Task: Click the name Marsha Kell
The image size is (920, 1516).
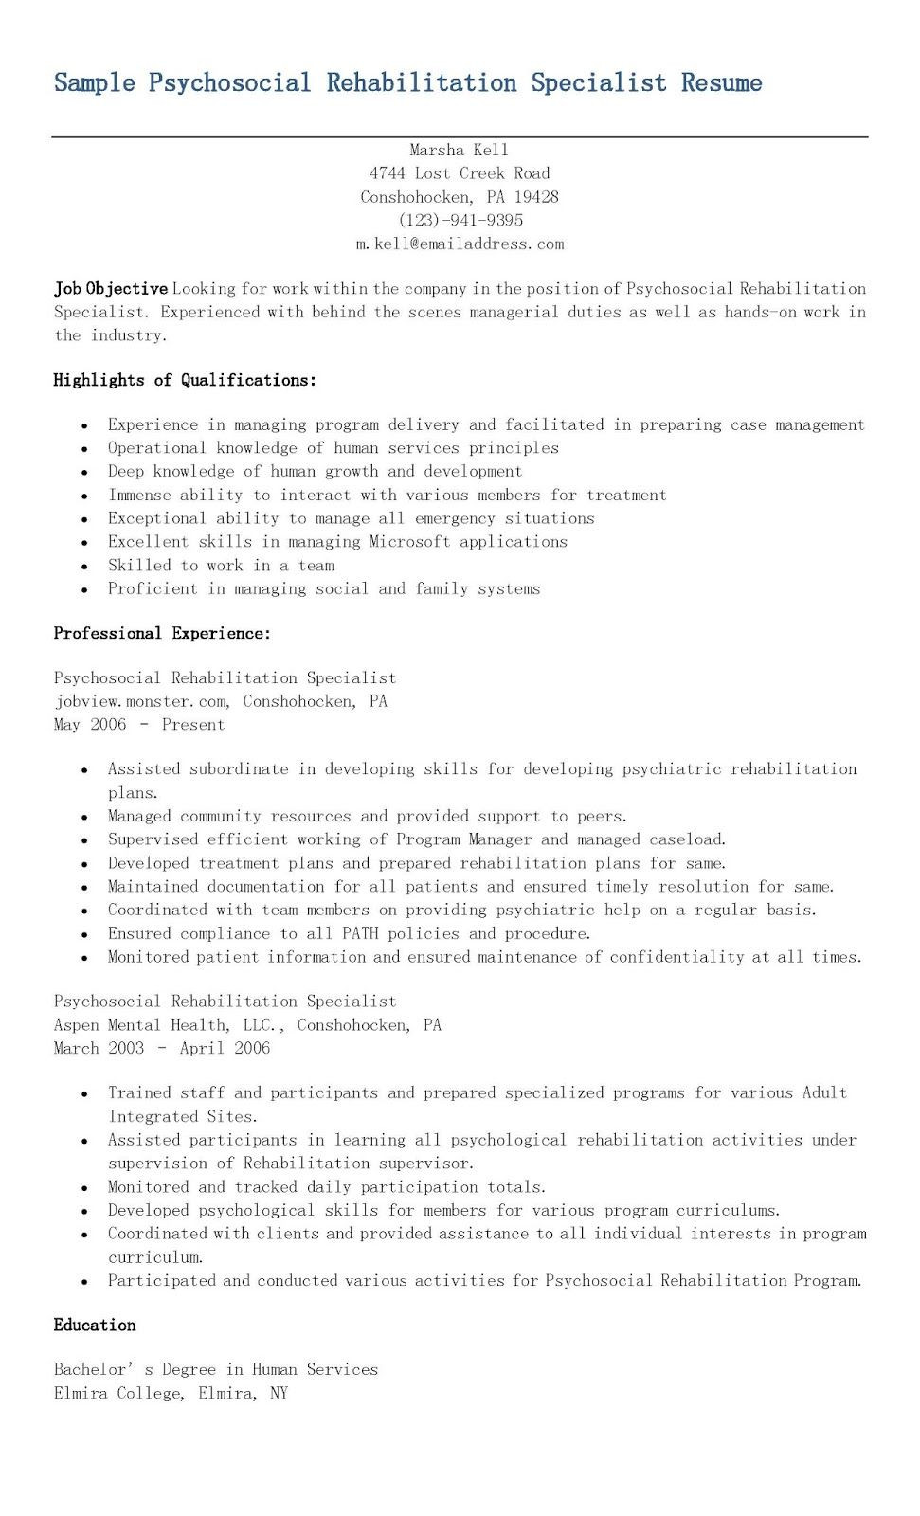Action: [459, 150]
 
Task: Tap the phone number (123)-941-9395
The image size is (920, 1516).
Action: [460, 220]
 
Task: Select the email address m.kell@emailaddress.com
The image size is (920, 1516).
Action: [460, 244]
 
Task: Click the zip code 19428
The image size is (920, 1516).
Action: [536, 197]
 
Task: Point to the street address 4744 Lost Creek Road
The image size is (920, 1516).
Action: [460, 173]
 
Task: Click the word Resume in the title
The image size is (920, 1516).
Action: [721, 83]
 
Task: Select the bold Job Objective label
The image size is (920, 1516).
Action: [111, 289]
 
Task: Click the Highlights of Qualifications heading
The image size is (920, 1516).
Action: [185, 380]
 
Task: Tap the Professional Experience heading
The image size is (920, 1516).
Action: [162, 633]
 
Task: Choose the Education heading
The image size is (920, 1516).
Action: [95, 1325]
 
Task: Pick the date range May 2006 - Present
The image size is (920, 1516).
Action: [139, 725]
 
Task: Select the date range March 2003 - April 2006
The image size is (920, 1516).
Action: [162, 1048]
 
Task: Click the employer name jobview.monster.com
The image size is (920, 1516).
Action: [141, 701]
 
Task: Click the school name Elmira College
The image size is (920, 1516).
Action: [118, 1393]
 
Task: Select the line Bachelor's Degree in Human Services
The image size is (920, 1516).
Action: [216, 1369]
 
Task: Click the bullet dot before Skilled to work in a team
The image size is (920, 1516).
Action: [85, 567]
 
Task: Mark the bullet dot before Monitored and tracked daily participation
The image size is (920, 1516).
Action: [85, 1188]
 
